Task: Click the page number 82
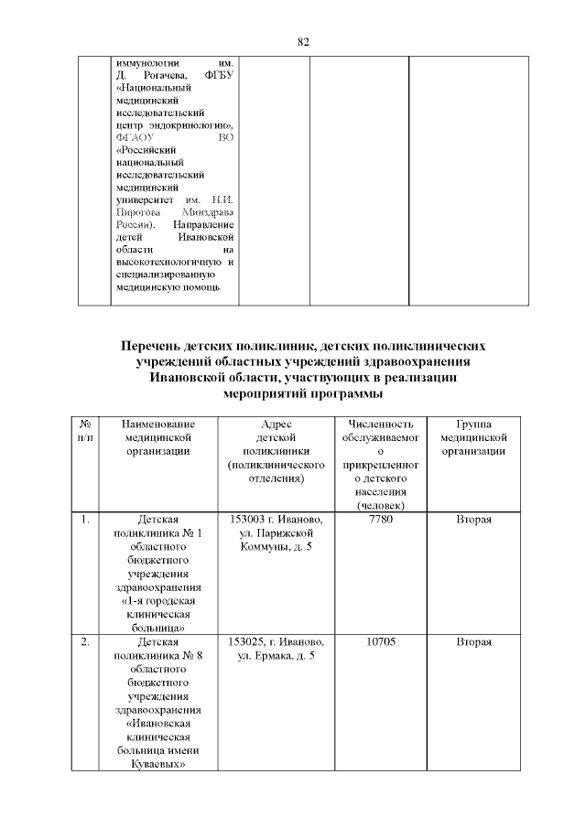click(x=305, y=42)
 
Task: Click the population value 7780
click(x=380, y=520)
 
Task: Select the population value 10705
click(x=380, y=642)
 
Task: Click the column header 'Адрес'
click(x=276, y=425)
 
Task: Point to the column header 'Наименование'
click(x=154, y=425)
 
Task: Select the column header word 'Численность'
click(x=380, y=425)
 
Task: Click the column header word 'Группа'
click(x=473, y=425)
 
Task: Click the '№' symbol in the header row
click(x=84, y=425)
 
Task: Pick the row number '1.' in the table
click(x=84, y=520)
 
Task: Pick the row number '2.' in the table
click(x=84, y=642)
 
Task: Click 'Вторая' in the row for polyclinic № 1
click(x=473, y=520)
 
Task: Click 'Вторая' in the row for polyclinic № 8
click(x=473, y=642)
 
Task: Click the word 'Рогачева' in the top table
click(x=164, y=74)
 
